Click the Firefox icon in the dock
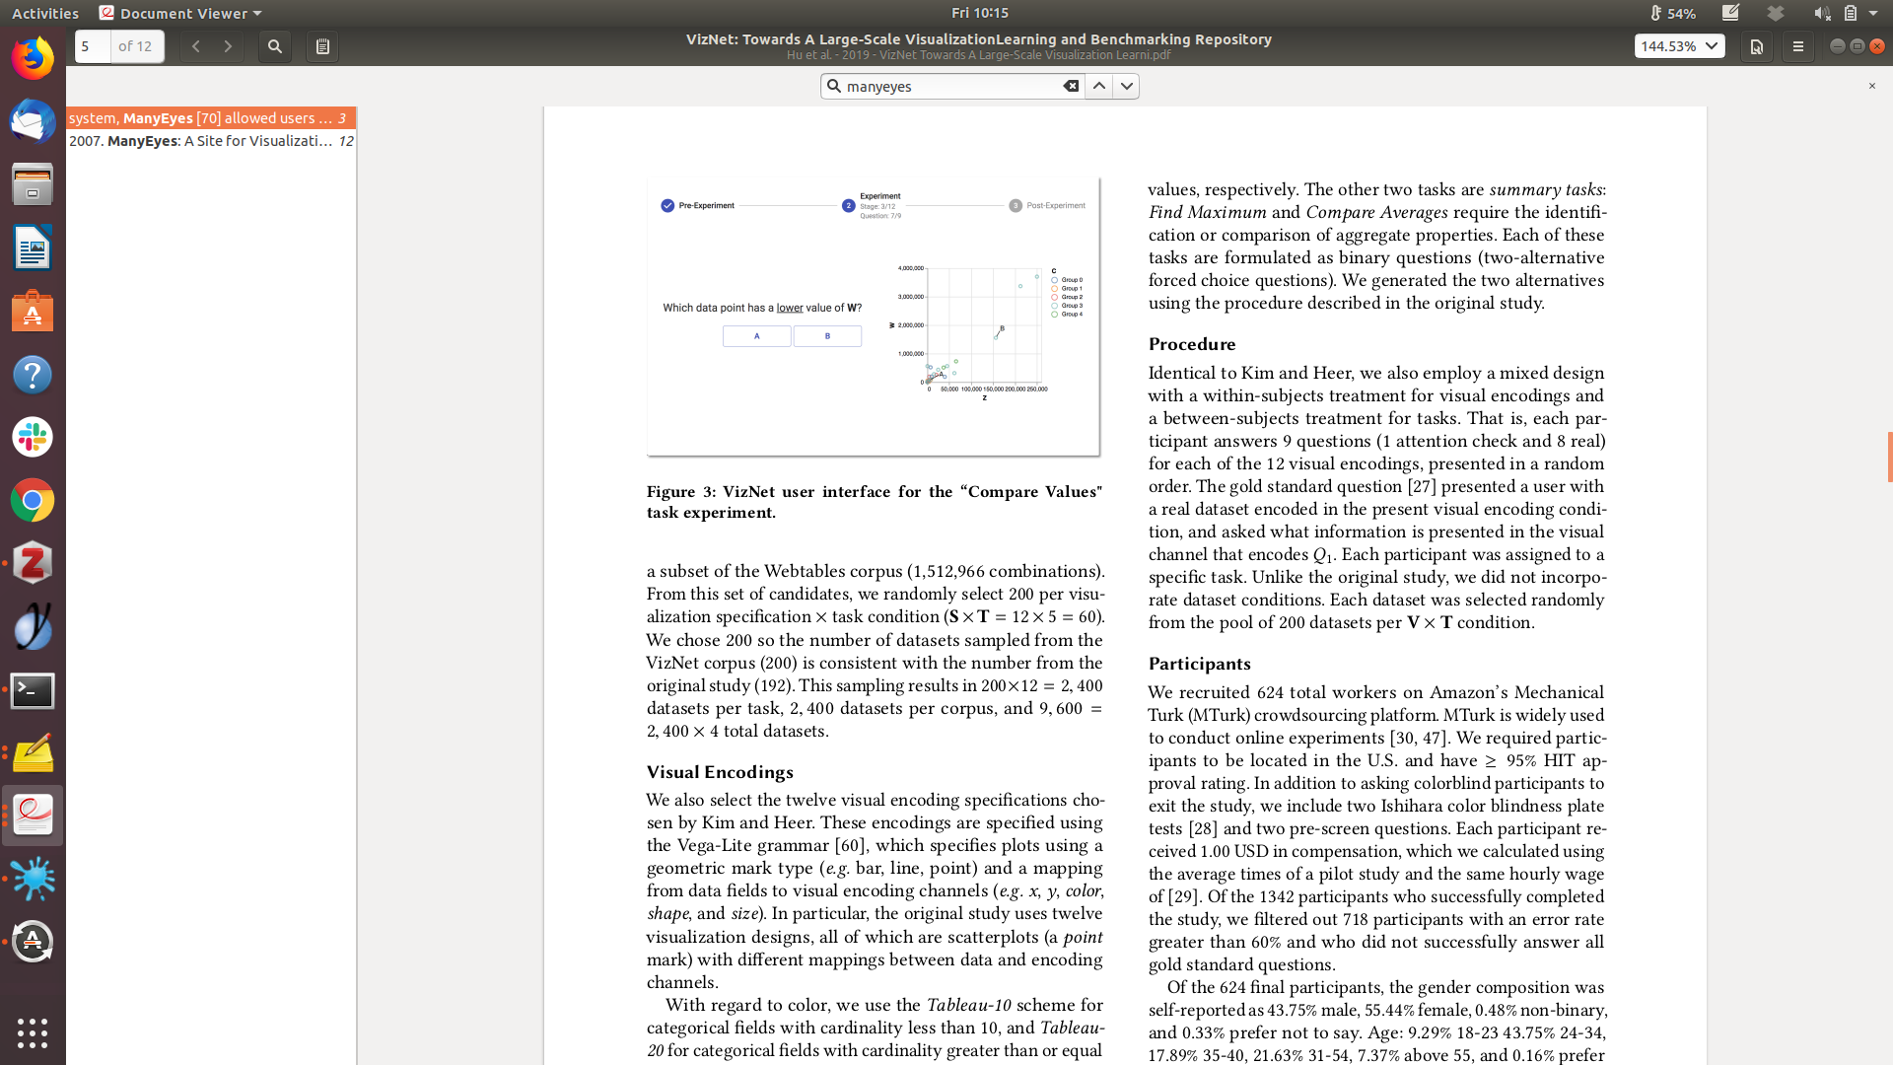(33, 58)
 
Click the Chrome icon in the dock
(33, 501)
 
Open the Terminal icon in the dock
(33, 690)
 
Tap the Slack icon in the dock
(33, 437)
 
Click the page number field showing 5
(93, 46)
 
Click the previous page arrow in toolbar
(196, 46)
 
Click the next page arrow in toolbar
(228, 46)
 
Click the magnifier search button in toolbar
(275, 46)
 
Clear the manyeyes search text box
(1071, 87)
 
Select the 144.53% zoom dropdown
(1679, 46)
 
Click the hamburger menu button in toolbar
(1797, 46)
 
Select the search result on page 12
(210, 141)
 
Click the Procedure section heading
(1191, 344)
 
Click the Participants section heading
(1199, 664)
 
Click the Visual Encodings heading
(720, 772)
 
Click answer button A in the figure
(756, 336)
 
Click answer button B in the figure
(827, 336)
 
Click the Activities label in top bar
(45, 13)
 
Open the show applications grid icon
(33, 1032)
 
